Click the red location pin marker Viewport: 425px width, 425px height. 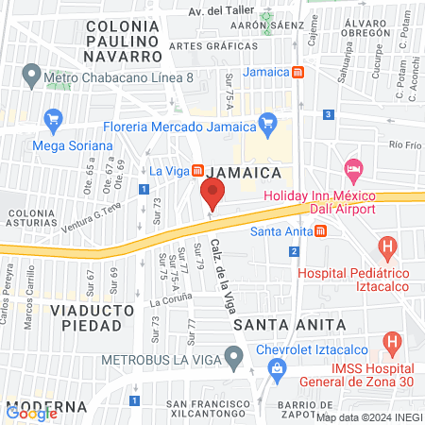tap(212, 194)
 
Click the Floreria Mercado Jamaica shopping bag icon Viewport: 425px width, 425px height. tap(267, 122)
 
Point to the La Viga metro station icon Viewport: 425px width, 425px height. tap(198, 171)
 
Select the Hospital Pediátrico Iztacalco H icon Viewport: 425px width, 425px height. tap(385, 249)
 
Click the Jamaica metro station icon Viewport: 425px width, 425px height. tap(298, 72)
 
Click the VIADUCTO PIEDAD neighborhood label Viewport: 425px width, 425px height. tap(86, 316)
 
